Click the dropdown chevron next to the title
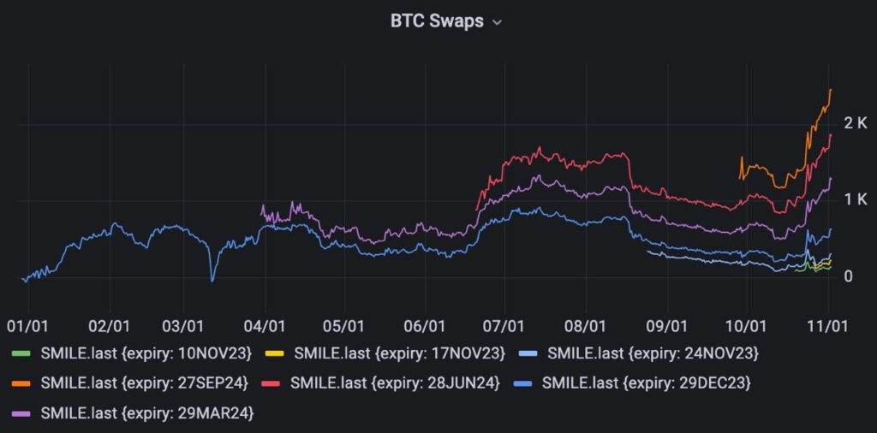[497, 23]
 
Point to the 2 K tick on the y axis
[855, 123]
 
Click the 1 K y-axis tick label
[855, 199]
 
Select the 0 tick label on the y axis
[848, 276]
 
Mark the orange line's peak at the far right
[831, 90]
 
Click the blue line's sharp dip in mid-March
[212, 281]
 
